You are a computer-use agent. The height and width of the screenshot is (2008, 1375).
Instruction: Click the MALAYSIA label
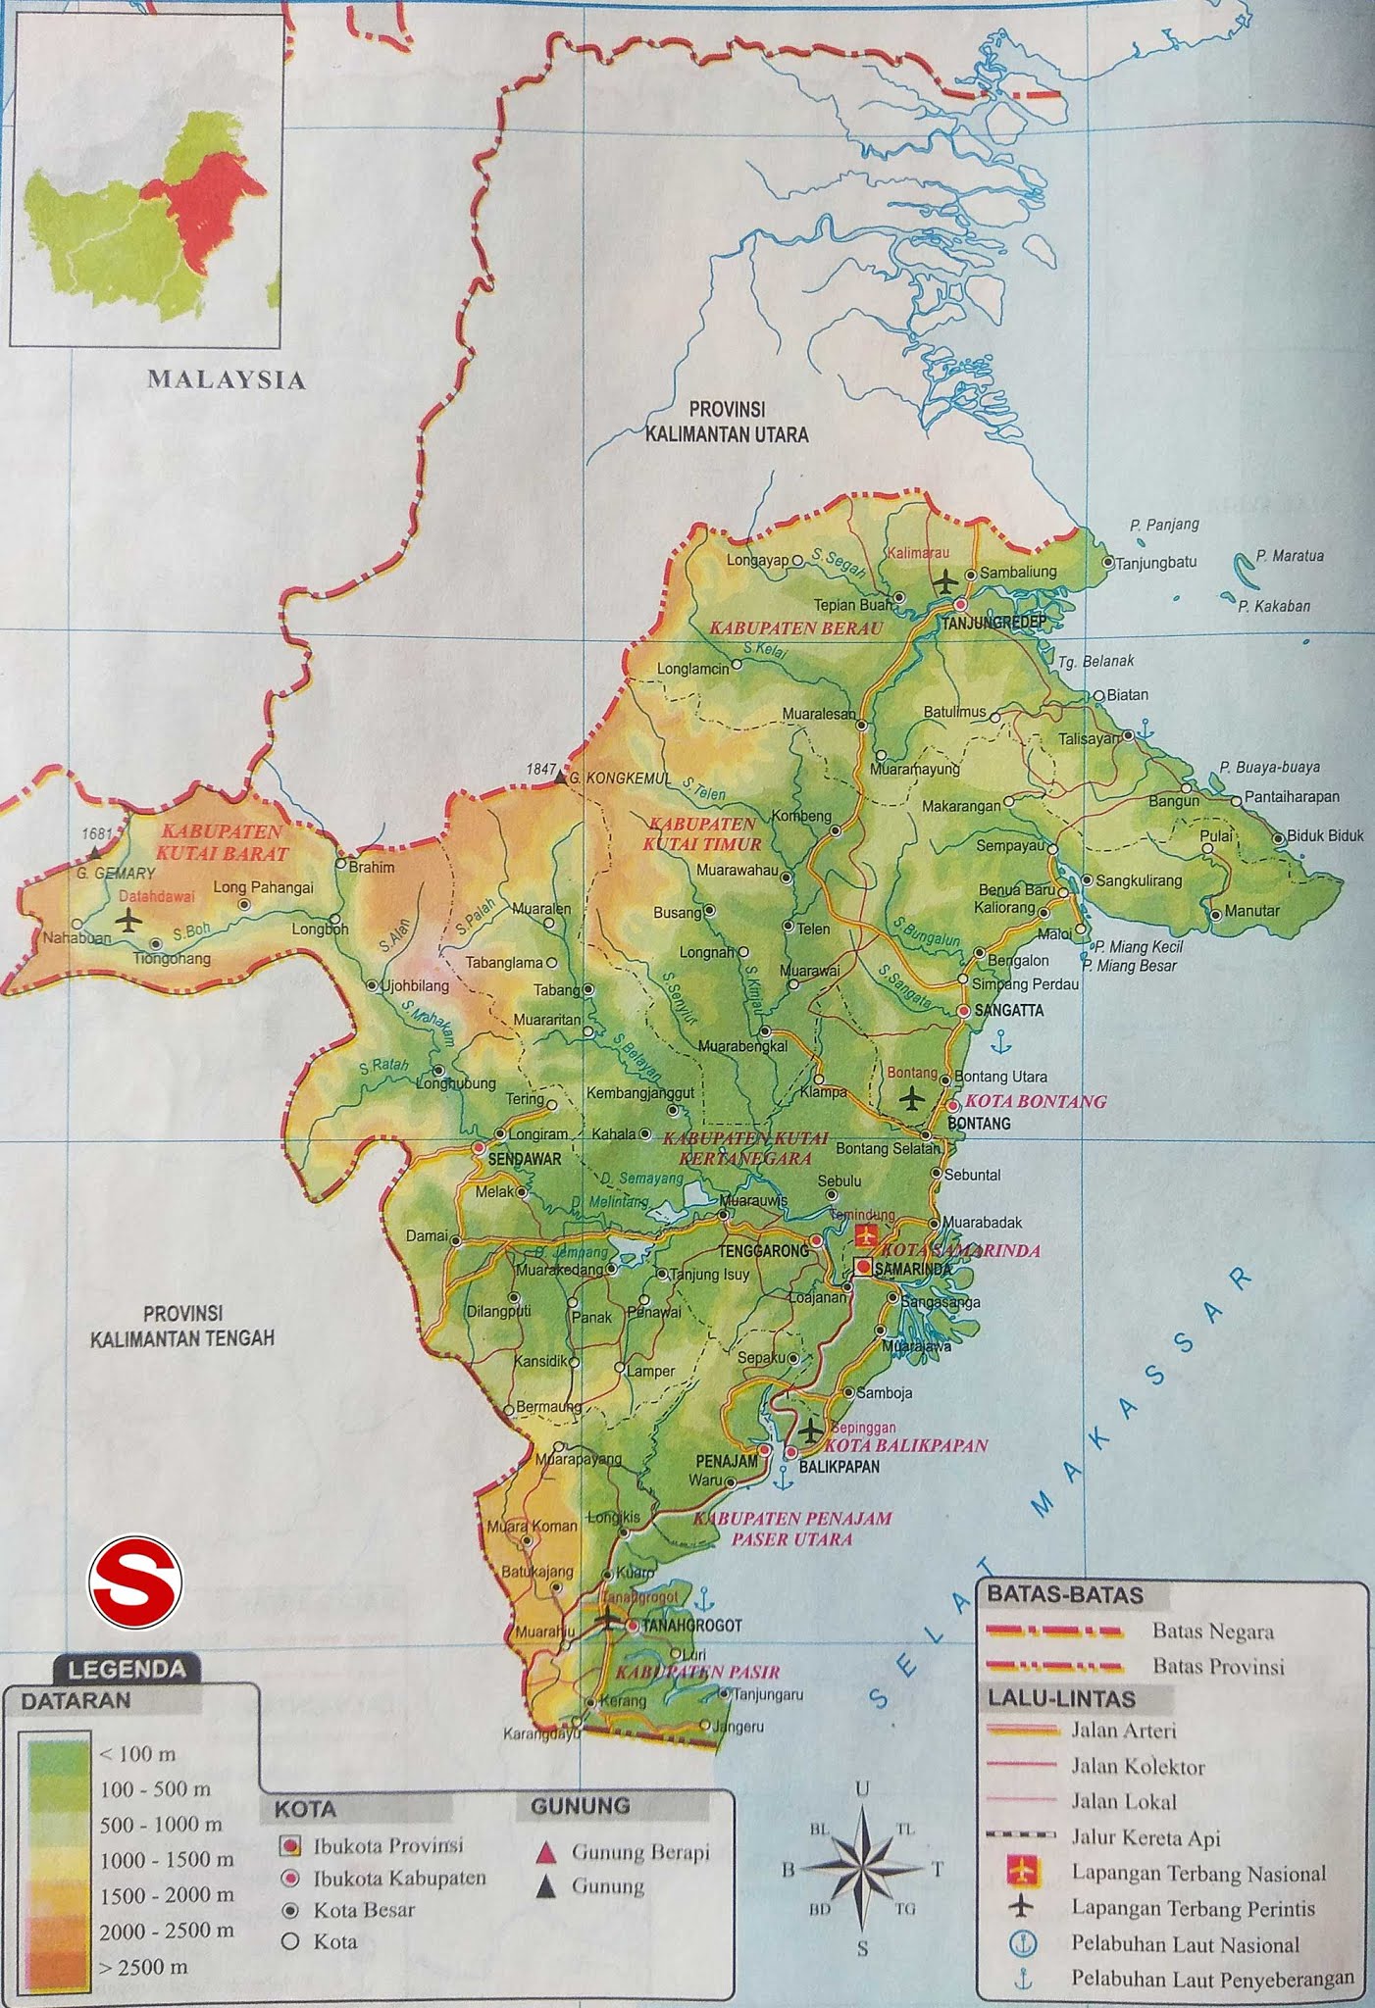[227, 380]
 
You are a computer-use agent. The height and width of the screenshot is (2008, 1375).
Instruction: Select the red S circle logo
[135, 1581]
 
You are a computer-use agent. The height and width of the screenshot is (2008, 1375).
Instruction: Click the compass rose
[862, 1869]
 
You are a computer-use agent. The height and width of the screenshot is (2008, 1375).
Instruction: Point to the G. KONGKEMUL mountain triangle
[560, 778]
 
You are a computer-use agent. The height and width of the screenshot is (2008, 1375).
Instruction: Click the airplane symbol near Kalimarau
[944, 581]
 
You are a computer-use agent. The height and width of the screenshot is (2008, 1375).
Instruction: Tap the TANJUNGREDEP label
[993, 623]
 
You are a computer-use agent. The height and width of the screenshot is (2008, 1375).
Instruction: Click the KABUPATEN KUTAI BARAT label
[223, 842]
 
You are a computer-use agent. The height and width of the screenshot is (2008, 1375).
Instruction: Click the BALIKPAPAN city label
[840, 1467]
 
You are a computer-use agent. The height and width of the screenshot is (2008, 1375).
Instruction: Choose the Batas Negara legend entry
[1212, 1631]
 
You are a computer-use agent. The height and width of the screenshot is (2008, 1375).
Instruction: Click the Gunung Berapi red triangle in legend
[547, 1852]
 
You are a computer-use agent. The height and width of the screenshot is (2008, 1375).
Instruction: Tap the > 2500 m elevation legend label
[143, 1967]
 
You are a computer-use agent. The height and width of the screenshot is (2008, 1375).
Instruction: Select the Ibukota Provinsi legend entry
[388, 1845]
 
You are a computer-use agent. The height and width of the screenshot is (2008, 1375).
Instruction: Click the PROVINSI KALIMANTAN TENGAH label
[182, 1327]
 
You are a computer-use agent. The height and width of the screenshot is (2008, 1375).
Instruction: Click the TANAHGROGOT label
[692, 1626]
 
